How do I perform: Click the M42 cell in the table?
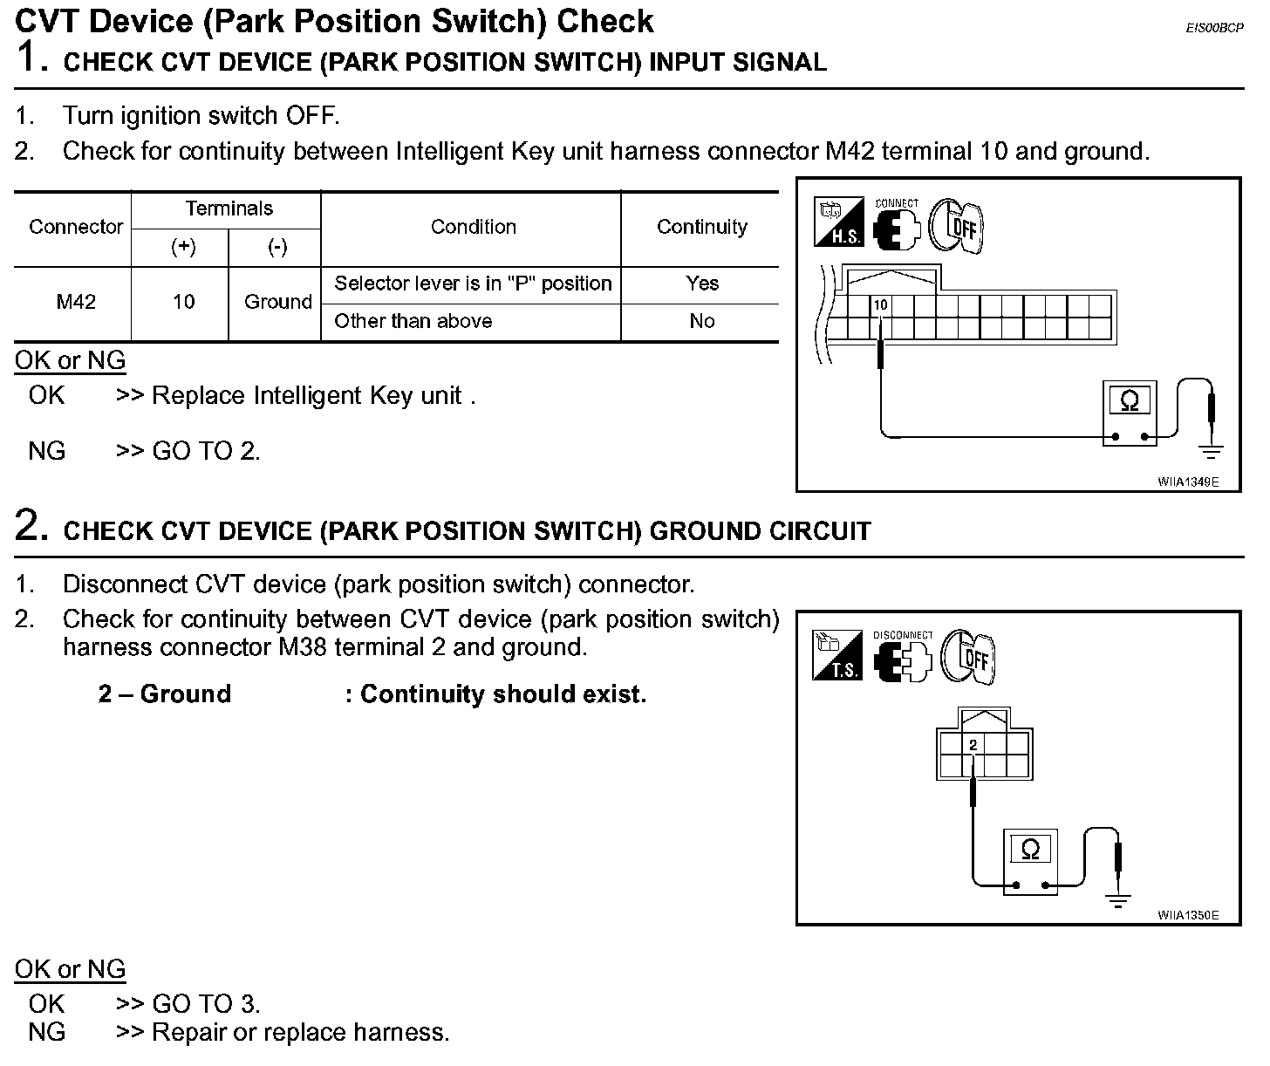coord(76,302)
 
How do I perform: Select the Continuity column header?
coord(701,227)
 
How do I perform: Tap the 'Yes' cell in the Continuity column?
coord(701,284)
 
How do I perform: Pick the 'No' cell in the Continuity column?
coord(701,321)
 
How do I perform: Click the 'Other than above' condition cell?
coord(413,321)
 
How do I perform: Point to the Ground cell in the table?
coord(277,302)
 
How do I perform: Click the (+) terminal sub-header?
coord(183,248)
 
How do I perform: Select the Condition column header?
coord(473,227)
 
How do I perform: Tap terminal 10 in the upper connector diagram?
coord(881,305)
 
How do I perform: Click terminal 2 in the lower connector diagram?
coord(973,744)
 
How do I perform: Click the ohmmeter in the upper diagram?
coord(1130,413)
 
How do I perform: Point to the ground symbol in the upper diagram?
coord(1211,451)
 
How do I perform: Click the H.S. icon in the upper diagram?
coord(838,222)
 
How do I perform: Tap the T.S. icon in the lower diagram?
coord(837,655)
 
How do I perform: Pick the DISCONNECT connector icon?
coord(902,659)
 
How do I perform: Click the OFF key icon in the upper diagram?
coord(954,223)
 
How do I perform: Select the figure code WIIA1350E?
coord(1187,915)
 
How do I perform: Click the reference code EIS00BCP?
coord(1214,28)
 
